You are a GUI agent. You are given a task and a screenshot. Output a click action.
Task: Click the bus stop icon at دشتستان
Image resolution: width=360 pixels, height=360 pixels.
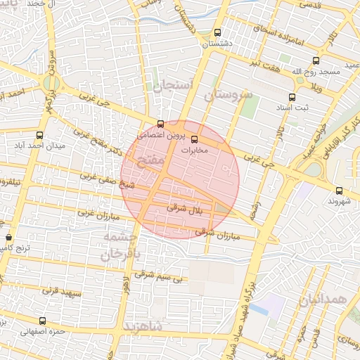(x=218, y=32)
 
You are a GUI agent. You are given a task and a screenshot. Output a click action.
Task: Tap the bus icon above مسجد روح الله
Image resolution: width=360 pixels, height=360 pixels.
(x=316, y=61)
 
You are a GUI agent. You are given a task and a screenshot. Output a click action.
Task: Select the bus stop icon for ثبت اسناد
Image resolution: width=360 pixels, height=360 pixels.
(x=292, y=97)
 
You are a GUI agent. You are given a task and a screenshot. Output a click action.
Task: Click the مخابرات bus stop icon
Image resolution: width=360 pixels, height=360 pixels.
(x=195, y=139)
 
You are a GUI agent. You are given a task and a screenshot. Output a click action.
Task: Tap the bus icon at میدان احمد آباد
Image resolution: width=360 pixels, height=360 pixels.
(x=39, y=135)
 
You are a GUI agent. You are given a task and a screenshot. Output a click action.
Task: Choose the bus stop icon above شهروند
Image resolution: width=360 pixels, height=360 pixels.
(x=340, y=190)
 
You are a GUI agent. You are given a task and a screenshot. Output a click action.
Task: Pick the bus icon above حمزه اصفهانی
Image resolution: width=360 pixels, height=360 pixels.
(x=43, y=321)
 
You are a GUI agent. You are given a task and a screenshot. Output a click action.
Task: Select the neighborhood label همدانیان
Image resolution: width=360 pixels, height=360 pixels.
(x=323, y=300)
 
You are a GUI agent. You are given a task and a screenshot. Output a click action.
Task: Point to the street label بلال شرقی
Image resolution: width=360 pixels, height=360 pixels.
(x=187, y=209)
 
